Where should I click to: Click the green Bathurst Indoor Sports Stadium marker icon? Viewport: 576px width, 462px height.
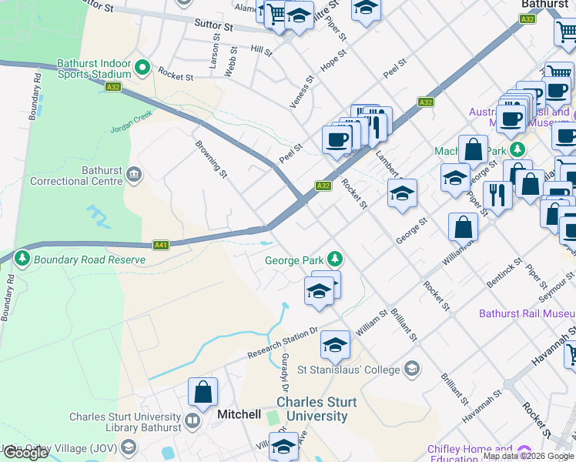(x=142, y=69)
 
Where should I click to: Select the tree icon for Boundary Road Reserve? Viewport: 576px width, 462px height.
(x=22, y=259)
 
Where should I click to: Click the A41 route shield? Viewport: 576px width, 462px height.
(x=161, y=246)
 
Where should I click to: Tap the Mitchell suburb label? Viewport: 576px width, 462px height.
(x=239, y=414)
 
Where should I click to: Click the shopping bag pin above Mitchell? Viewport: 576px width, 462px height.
(x=203, y=392)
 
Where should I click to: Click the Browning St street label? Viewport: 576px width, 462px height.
(x=211, y=159)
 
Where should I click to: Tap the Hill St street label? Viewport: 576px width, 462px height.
(x=261, y=50)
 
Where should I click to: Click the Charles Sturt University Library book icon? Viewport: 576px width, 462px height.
(x=192, y=422)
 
